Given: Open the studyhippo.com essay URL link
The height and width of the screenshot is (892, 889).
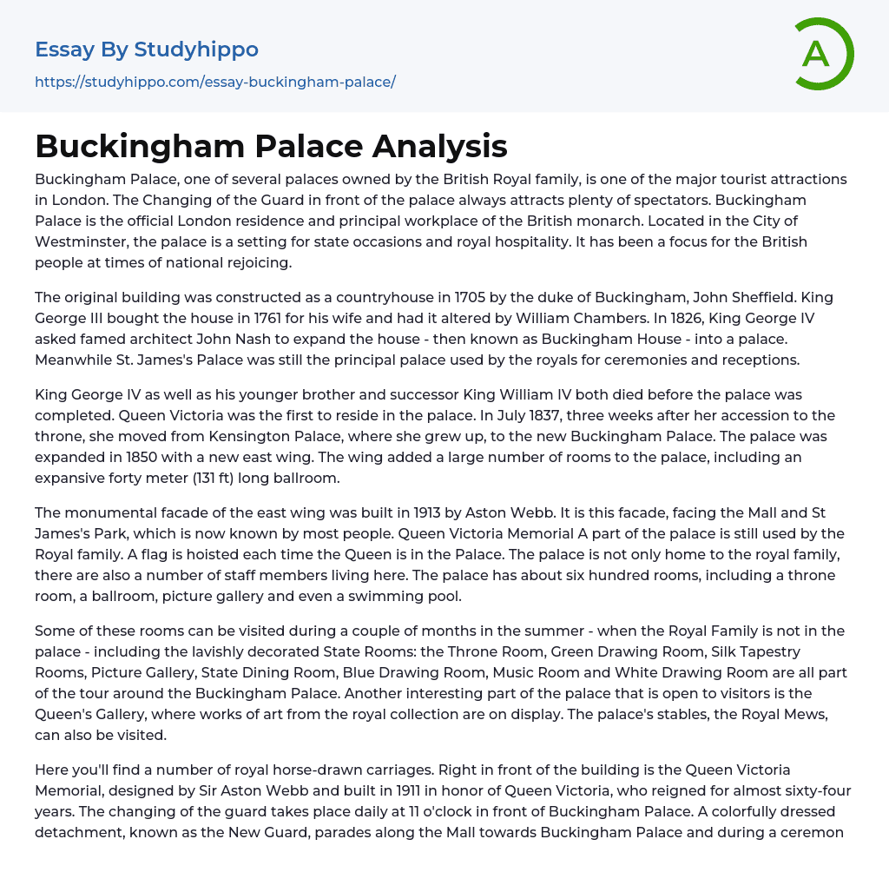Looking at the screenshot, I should coord(214,82).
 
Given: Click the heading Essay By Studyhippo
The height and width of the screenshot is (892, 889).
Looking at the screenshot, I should coord(147,50).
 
